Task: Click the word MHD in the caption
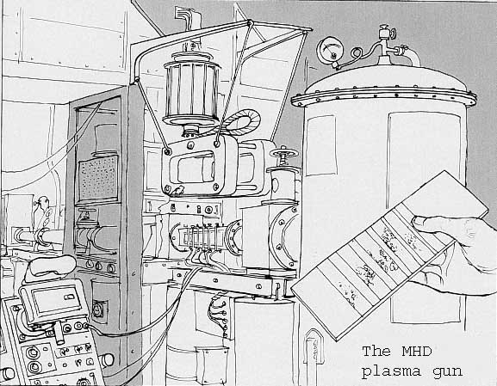click(x=417, y=352)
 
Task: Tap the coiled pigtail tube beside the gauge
click(x=357, y=54)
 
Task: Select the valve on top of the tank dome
click(x=388, y=41)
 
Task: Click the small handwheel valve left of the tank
click(x=284, y=153)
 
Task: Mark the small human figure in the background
click(x=43, y=213)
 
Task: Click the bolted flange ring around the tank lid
click(x=383, y=96)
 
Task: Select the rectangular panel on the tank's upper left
click(x=320, y=145)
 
